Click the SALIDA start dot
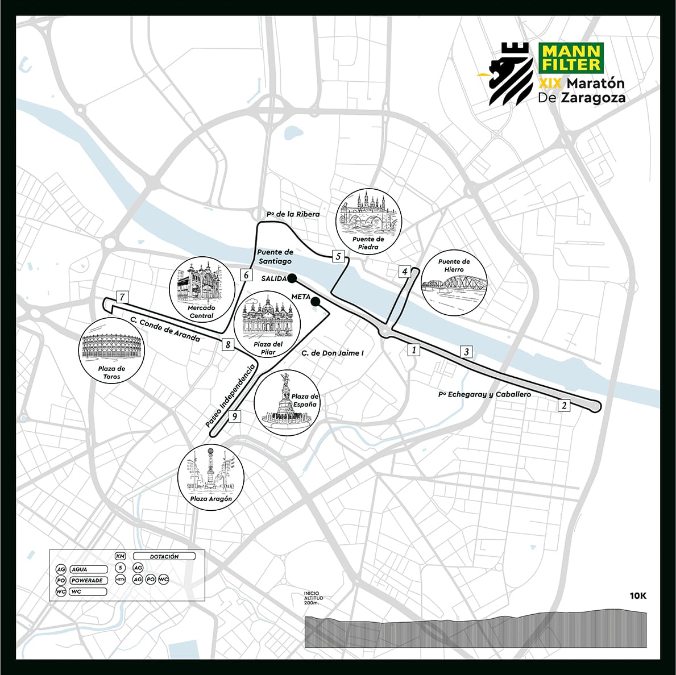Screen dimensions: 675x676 tap(292, 278)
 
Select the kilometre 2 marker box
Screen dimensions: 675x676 tap(564, 405)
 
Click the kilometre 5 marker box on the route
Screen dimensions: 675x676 tap(338, 256)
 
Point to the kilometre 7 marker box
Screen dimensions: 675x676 tap(122, 297)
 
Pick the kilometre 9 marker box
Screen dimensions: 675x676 tap(234, 416)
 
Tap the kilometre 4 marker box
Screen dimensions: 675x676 tap(405, 272)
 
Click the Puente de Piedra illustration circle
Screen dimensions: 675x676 tap(368, 221)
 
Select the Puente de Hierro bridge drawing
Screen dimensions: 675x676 tap(454, 282)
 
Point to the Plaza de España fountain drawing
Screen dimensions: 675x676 tap(285, 403)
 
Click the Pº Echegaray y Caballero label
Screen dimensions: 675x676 tap(484, 394)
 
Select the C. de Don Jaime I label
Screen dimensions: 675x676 tap(333, 353)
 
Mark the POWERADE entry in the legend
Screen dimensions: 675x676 tap(87, 580)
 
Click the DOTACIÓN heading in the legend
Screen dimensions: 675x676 tap(164, 556)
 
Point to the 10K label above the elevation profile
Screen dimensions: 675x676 tap(638, 596)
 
